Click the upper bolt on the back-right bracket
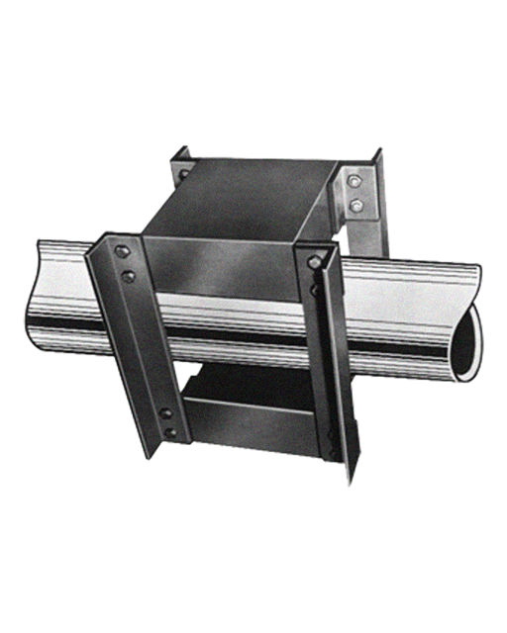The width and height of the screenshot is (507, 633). pos(356,182)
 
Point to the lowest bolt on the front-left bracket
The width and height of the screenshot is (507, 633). pos(171,432)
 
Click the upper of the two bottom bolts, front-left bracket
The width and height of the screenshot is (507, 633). pos(165,413)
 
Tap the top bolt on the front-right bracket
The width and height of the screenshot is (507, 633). pos(314,263)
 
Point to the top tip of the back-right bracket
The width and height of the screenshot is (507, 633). pos(379,152)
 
